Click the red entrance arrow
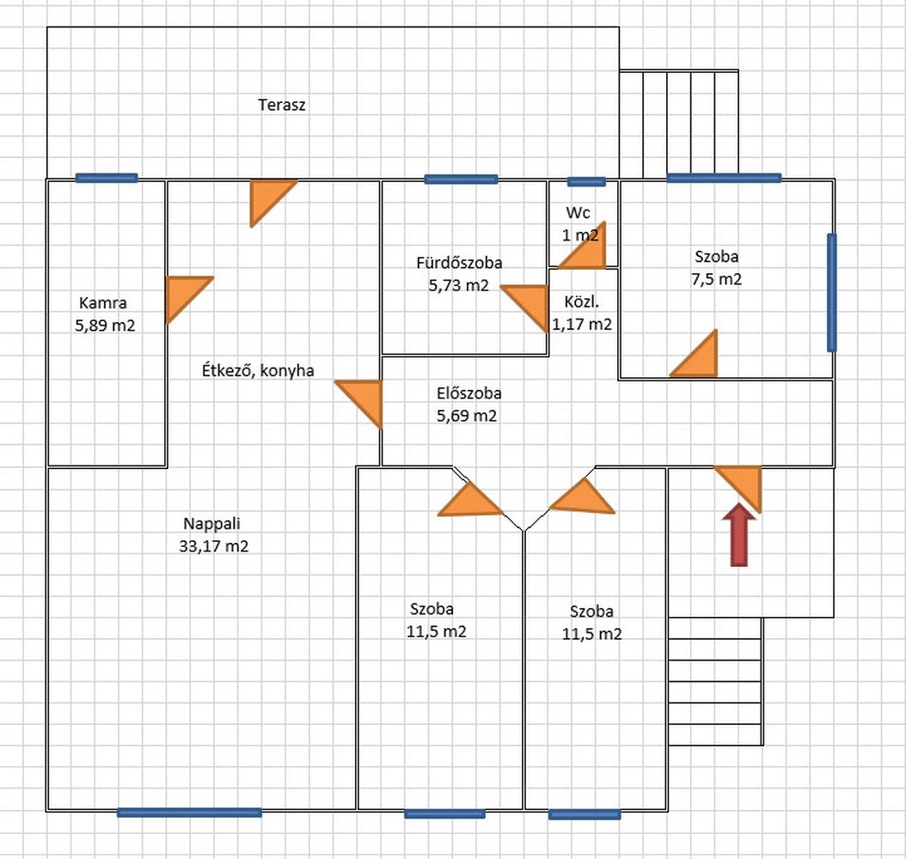pyautogui.click(x=739, y=537)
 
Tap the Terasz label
pyautogui.click(x=282, y=106)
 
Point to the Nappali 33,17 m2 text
pyautogui.click(x=216, y=534)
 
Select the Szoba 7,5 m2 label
pyautogui.click(x=717, y=267)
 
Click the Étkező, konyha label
pyautogui.click(x=257, y=371)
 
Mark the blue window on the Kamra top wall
pyautogui.click(x=107, y=178)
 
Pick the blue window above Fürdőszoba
pyautogui.click(x=461, y=180)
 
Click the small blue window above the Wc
pyautogui.click(x=586, y=181)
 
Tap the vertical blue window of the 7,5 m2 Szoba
pyautogui.click(x=831, y=292)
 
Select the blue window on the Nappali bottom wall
pyautogui.click(x=189, y=812)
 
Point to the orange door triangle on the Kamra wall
pyautogui.click(x=182, y=294)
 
